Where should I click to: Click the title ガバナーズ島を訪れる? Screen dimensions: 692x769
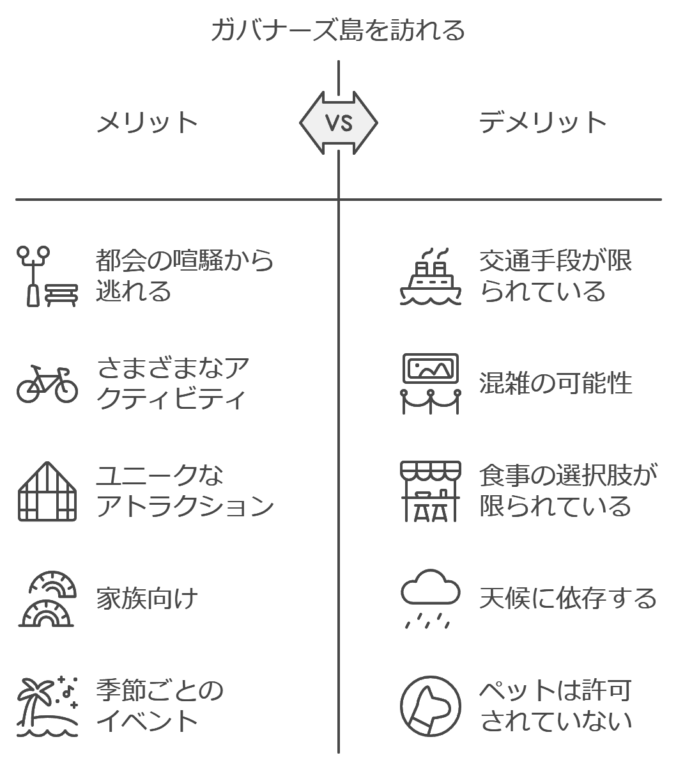(x=338, y=31)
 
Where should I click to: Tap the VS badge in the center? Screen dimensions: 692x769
(x=339, y=123)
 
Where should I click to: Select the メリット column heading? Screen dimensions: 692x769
(x=147, y=123)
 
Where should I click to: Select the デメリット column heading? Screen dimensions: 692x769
(x=542, y=123)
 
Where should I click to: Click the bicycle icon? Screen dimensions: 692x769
(x=47, y=384)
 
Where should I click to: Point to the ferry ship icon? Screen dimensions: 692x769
(x=431, y=276)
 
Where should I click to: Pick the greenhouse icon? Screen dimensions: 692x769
(x=47, y=491)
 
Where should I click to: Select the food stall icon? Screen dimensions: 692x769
(x=431, y=491)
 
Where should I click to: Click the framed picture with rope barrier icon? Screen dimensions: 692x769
(x=431, y=384)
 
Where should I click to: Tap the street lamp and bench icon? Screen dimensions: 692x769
(x=47, y=276)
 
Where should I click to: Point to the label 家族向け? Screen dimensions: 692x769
(x=147, y=598)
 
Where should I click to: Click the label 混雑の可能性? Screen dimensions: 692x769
(x=555, y=384)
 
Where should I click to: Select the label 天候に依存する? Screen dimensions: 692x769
(x=568, y=598)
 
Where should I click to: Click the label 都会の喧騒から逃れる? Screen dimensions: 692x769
(x=185, y=276)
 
